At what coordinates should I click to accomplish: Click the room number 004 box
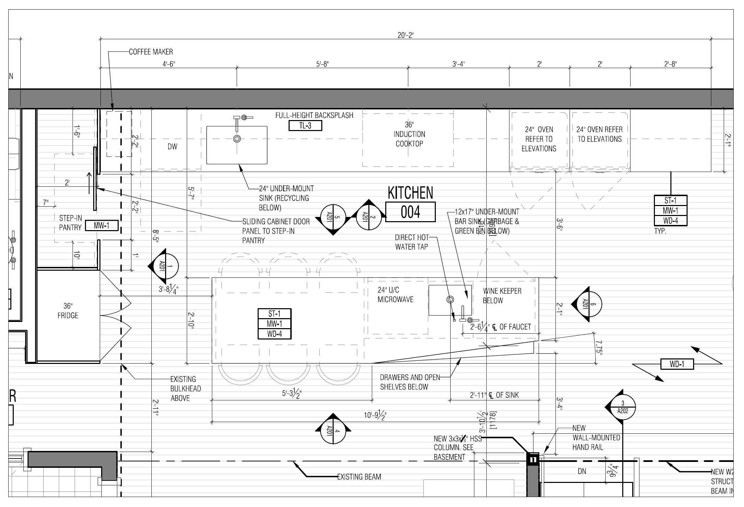point(410,212)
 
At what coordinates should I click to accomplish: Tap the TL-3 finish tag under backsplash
point(305,126)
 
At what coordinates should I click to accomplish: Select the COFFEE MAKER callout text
point(151,52)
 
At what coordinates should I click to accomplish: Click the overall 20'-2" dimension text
point(406,35)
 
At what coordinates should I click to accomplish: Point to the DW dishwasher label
point(172,147)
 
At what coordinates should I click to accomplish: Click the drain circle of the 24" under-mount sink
point(237,139)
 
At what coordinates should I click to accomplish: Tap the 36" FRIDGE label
point(68,311)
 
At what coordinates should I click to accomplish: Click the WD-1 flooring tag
point(677,364)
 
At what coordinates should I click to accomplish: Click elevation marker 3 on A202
point(622,407)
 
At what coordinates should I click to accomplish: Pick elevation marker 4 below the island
point(333,431)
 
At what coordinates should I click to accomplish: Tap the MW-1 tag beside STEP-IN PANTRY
point(101,226)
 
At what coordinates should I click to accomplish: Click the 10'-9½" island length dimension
point(375,416)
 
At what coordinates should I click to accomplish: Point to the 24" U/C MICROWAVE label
point(395,295)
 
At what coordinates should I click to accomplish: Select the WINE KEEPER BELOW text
point(502,296)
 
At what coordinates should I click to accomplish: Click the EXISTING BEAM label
point(359,477)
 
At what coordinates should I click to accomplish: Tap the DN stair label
point(582,471)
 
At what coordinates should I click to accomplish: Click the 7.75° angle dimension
point(599,348)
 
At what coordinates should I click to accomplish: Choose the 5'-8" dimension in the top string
point(322,64)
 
